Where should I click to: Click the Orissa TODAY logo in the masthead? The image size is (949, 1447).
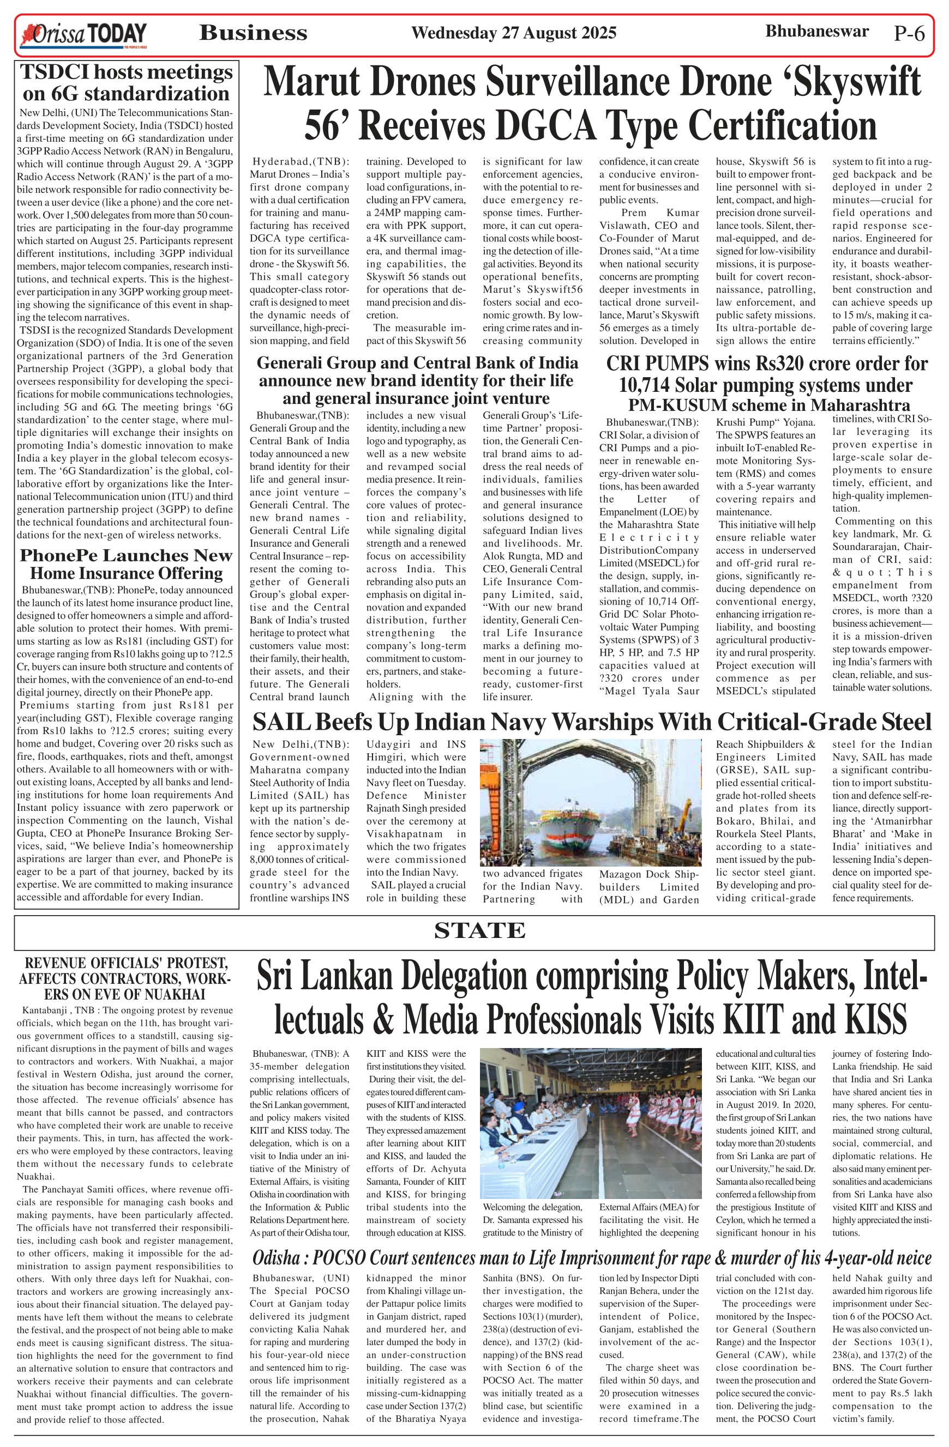click(x=84, y=35)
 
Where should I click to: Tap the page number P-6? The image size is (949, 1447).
click(x=909, y=33)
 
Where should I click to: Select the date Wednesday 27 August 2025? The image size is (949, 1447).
click(x=513, y=33)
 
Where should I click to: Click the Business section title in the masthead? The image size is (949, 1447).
click(x=253, y=33)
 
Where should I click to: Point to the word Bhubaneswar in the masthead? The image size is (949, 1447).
click(x=816, y=31)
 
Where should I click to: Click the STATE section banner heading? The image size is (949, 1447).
click(x=479, y=931)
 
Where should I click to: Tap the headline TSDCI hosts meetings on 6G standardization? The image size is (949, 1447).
click(x=127, y=83)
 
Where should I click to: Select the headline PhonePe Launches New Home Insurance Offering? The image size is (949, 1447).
click(x=127, y=564)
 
